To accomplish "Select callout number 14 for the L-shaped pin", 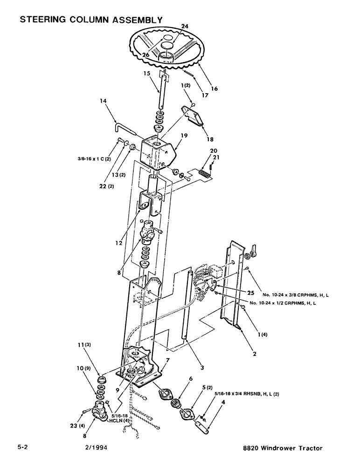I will (x=103, y=101).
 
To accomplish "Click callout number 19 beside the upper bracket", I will (x=184, y=136).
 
